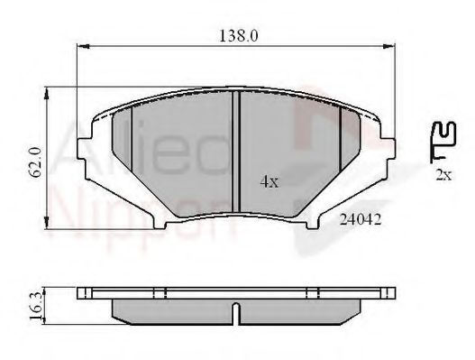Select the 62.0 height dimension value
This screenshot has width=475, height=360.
(35, 161)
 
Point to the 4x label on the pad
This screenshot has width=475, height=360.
(269, 180)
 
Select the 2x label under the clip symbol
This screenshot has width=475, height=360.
(441, 176)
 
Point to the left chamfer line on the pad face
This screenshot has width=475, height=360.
(132, 144)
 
